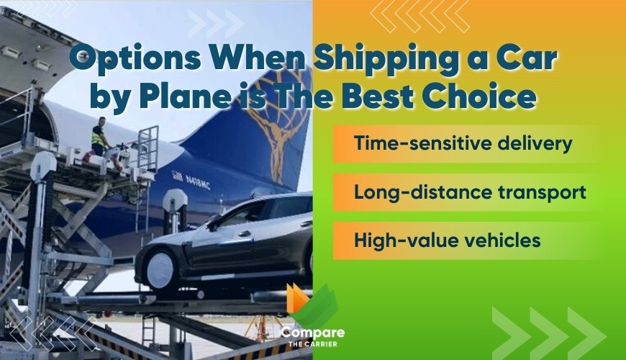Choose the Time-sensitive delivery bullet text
[463, 143]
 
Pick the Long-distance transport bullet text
[470, 192]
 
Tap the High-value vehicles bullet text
[447, 240]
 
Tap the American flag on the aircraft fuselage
[177, 175]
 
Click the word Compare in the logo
[312, 333]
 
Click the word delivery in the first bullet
[533, 143]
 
